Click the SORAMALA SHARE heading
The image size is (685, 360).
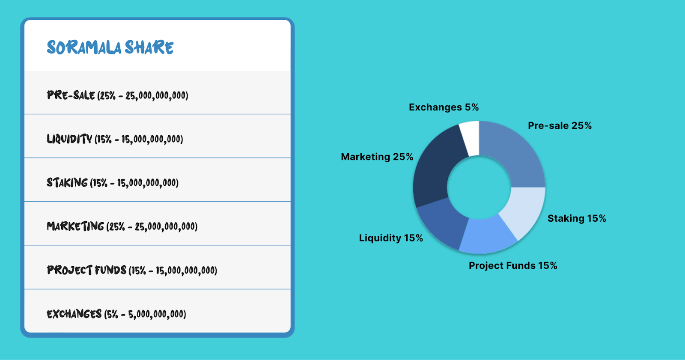click(110, 48)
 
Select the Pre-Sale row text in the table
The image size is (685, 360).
click(117, 95)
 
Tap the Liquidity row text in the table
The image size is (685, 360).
click(115, 139)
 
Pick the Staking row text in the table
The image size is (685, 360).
click(113, 183)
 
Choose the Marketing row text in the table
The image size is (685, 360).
click(122, 226)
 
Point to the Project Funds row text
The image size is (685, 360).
click(132, 270)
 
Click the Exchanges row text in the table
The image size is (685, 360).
click(116, 314)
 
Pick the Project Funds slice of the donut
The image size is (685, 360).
click(487, 235)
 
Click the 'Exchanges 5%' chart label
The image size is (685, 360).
click(444, 107)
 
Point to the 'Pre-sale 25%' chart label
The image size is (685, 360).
click(560, 125)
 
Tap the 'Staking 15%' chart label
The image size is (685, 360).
click(577, 218)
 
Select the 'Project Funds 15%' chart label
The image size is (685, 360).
click(513, 265)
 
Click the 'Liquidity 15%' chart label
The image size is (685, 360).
click(391, 238)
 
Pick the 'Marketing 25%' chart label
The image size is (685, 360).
click(377, 157)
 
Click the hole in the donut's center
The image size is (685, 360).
click(479, 187)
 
